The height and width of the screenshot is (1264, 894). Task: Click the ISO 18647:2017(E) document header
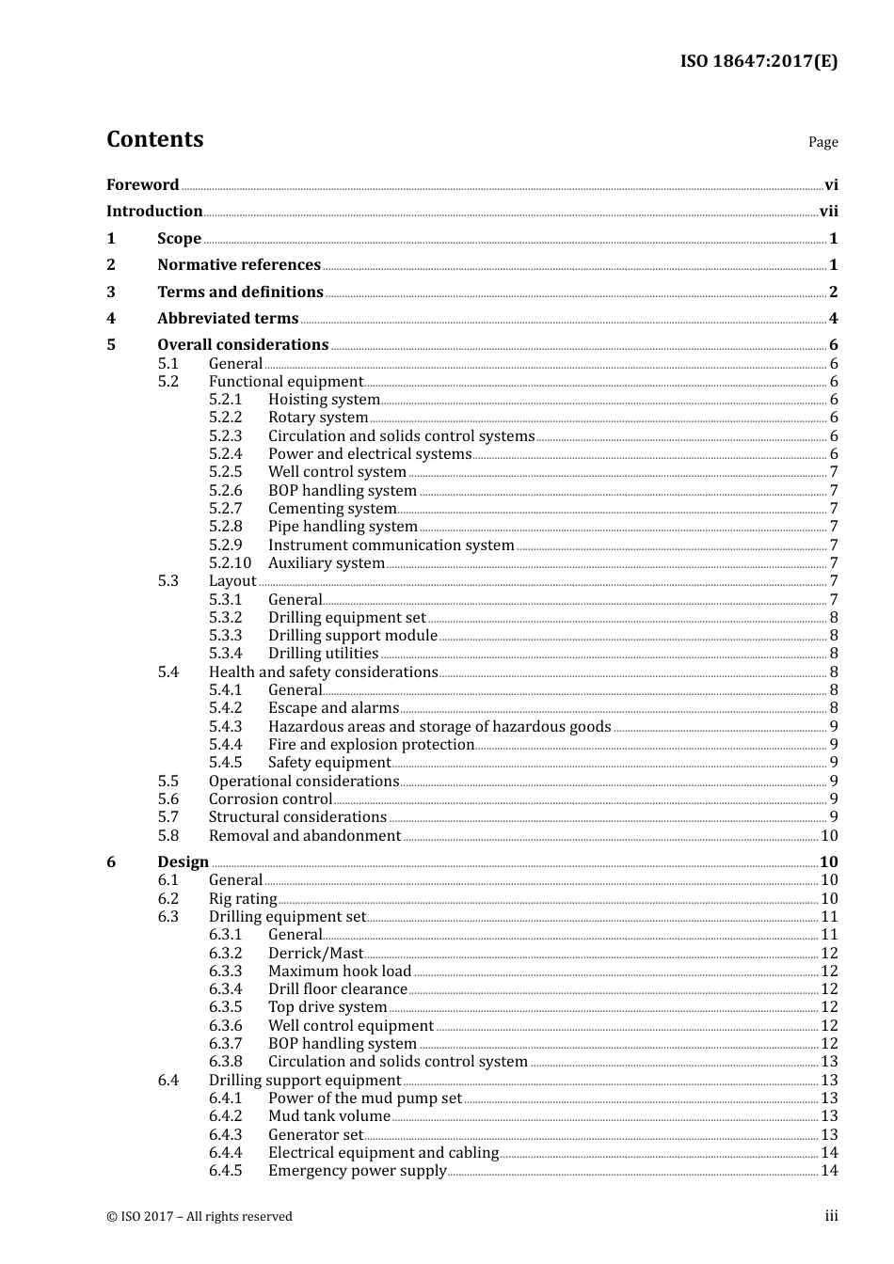pos(758,61)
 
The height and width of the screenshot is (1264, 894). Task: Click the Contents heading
pos(155,139)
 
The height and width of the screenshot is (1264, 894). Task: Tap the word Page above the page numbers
pos(822,142)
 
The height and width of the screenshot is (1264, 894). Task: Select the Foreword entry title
pos(142,184)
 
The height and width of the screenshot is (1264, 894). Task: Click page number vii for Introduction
pos(828,212)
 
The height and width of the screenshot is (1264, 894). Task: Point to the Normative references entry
pos(239,265)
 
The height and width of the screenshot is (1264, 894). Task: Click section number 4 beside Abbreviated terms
pos(111,319)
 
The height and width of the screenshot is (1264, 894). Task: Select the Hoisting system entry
pos(324,400)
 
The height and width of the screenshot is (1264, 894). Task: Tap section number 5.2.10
pos(230,563)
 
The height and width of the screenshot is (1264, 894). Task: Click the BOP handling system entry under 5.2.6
pos(343,491)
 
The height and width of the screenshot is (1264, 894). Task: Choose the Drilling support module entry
pos(353,636)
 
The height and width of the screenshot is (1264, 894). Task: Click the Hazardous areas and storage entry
pos(439,727)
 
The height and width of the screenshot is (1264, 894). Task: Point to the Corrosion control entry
pos(270,799)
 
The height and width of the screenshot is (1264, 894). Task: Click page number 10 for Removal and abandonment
pos(829,836)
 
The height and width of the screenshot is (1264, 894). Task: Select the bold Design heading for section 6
pos(183,862)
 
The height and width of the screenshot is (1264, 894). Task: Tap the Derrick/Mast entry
pos(315,954)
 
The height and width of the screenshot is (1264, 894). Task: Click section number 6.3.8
pos(225,1062)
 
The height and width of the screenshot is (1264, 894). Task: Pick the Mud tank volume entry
pos(329,1116)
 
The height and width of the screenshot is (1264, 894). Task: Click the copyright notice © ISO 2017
pos(200,1217)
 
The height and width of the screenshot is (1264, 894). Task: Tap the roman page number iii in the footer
pos(831,1216)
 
